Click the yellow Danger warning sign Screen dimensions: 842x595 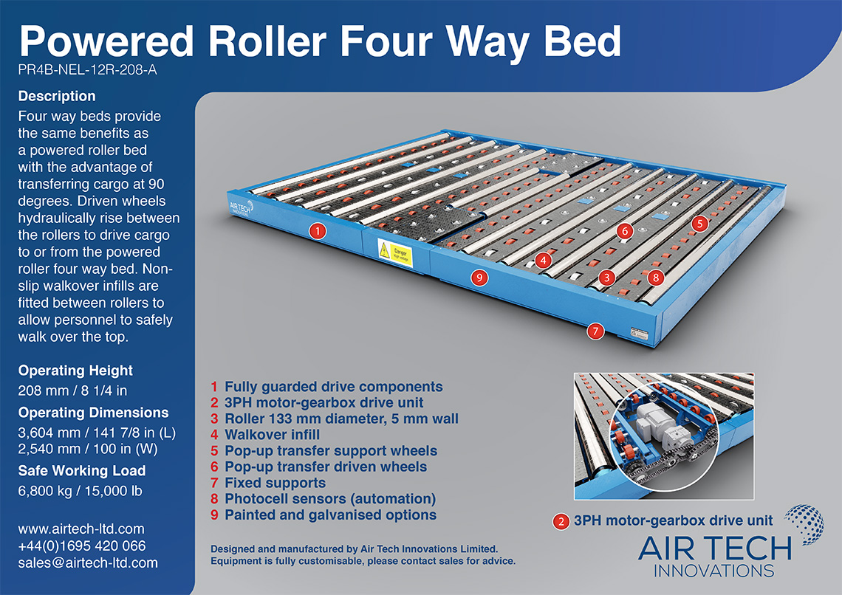[395, 252]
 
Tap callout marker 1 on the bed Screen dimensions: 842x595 [318, 231]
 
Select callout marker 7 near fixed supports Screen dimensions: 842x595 [595, 331]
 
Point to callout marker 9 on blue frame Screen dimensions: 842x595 [479, 278]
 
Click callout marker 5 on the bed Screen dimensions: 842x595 [699, 224]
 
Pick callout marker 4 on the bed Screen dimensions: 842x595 [544, 261]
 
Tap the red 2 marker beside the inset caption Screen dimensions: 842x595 [561, 521]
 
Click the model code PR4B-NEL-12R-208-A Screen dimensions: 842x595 [88, 69]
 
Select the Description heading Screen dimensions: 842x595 [57, 96]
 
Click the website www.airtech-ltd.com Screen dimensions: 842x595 [81, 529]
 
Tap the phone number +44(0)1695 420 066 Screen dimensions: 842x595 [82, 546]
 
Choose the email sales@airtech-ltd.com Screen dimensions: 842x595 [88, 563]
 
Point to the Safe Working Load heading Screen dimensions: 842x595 [82, 470]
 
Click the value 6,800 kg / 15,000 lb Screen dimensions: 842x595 [80, 491]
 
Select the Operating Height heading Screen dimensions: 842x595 [76, 371]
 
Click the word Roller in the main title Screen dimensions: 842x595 [267, 41]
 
